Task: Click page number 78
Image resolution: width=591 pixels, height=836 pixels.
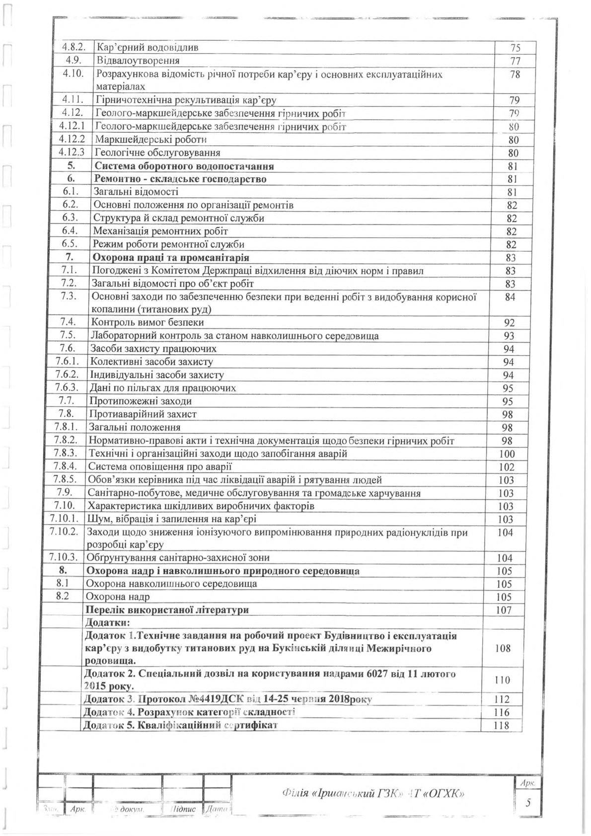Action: [x=515, y=75]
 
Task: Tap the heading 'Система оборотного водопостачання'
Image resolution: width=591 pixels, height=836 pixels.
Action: [x=184, y=166]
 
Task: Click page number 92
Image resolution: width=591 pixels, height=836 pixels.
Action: [x=509, y=323]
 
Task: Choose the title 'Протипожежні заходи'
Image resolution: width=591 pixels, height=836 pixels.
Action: [x=140, y=401]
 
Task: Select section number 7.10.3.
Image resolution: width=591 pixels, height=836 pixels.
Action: [x=66, y=558]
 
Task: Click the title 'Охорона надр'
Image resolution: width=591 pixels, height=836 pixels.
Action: [x=118, y=597]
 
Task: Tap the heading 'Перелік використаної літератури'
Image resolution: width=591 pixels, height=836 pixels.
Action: [x=167, y=609]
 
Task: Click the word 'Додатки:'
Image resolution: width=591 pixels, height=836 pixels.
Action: [x=107, y=622]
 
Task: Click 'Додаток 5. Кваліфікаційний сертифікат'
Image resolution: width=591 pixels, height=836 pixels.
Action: [x=181, y=725]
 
